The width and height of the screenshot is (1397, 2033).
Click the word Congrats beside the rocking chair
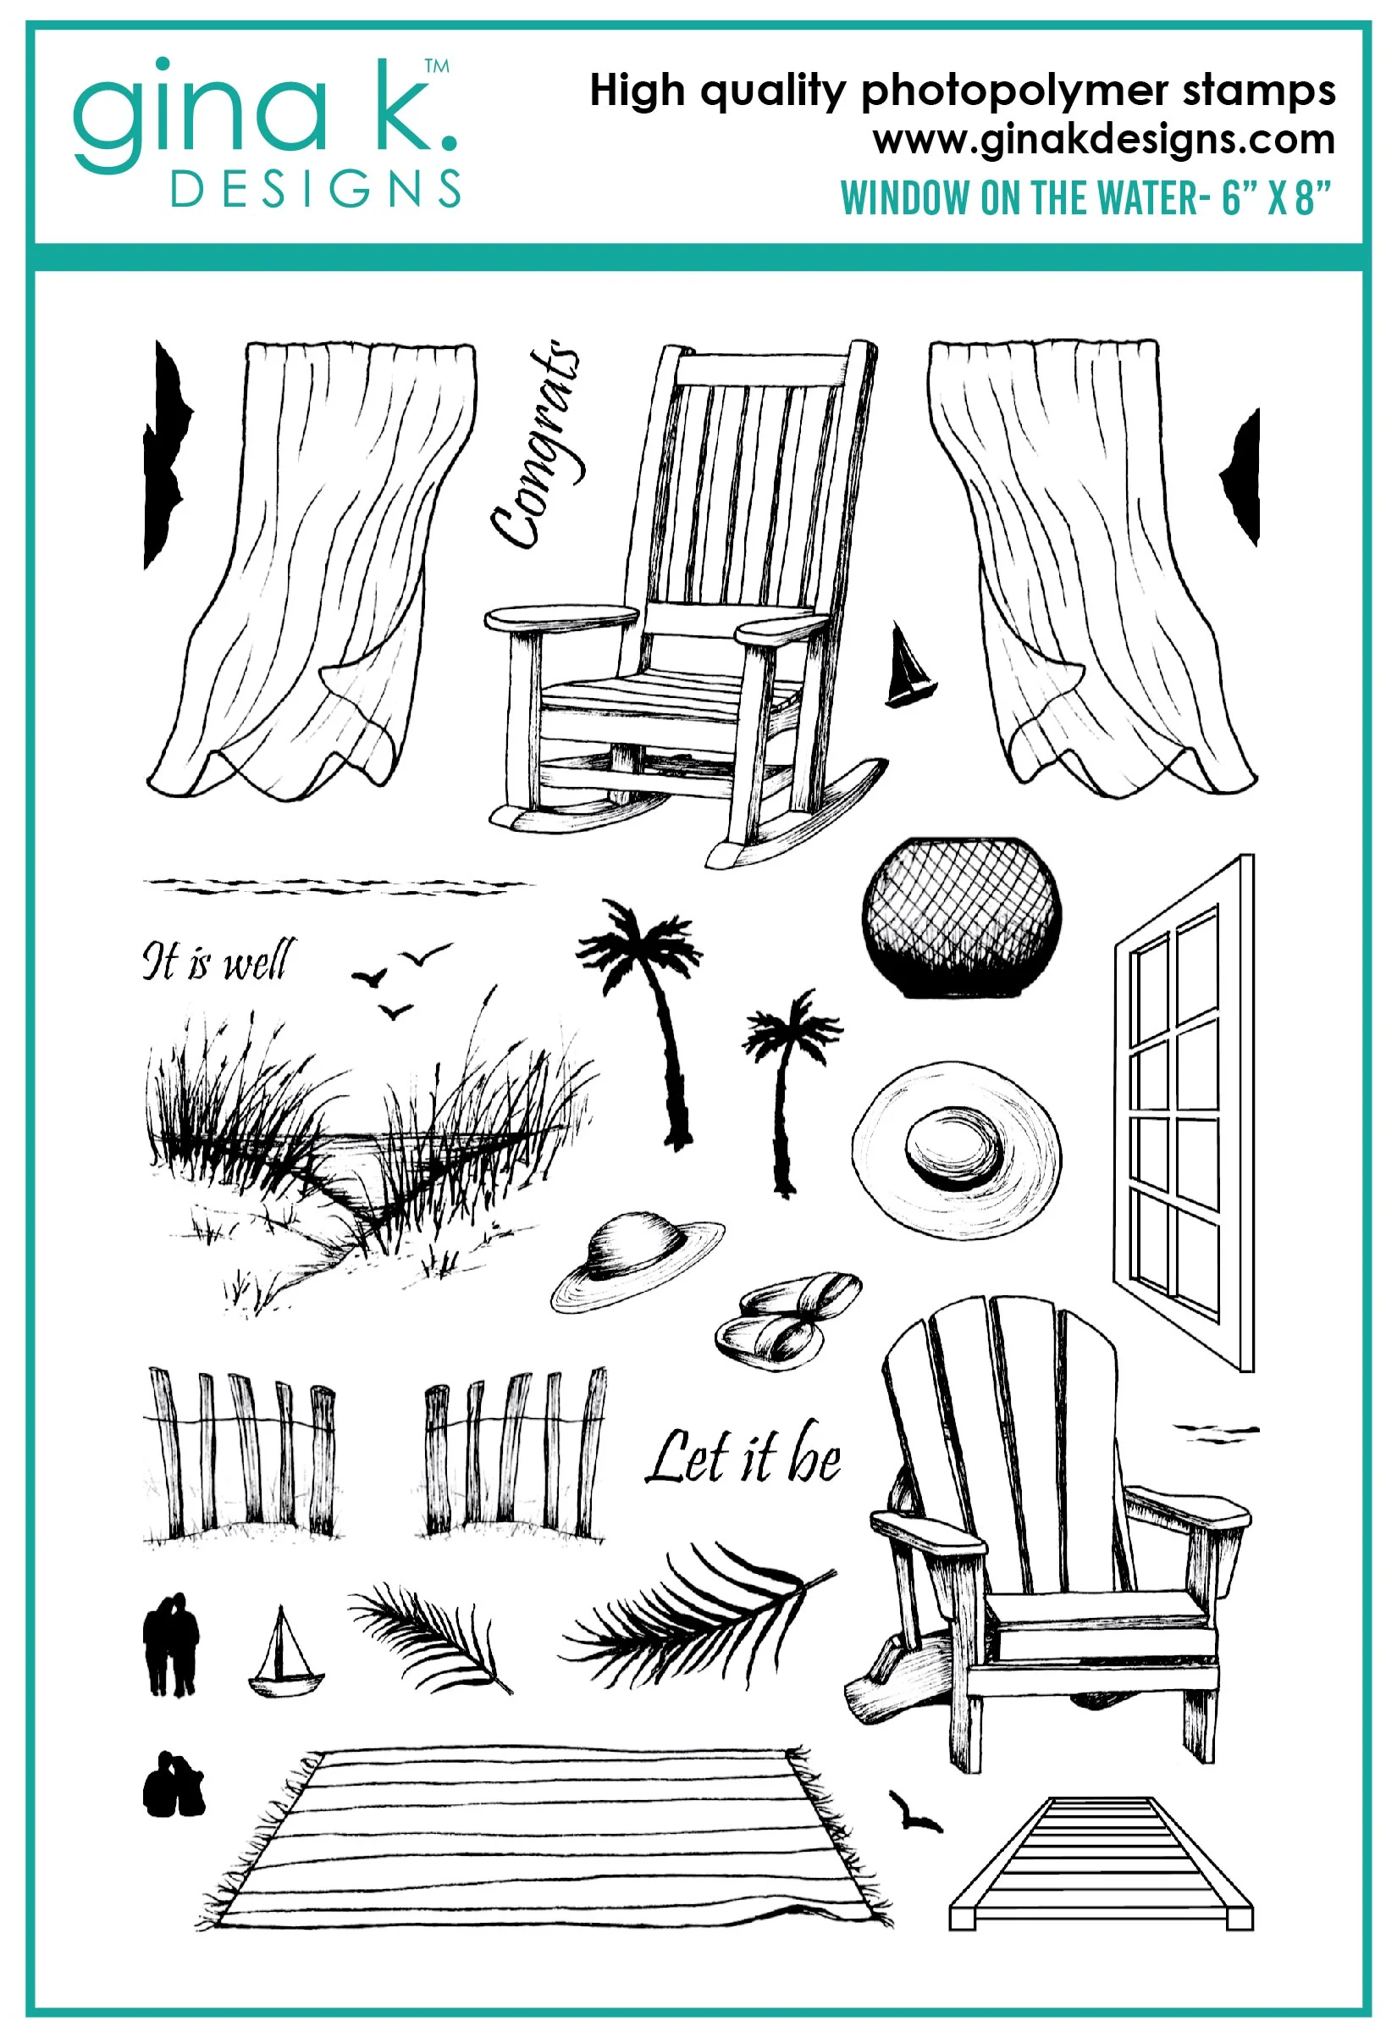(x=535, y=445)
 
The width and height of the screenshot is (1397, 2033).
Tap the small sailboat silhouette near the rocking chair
(x=909, y=666)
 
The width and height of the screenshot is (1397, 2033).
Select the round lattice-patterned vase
(x=961, y=917)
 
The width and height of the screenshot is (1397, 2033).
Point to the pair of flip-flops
(x=787, y=1320)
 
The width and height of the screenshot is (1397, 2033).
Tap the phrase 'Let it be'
(x=743, y=1456)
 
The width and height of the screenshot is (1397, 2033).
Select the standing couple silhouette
(x=171, y=1643)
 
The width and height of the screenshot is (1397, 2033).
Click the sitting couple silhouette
(x=174, y=1784)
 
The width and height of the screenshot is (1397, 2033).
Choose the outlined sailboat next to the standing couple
(x=284, y=1653)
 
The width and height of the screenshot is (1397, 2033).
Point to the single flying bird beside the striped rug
(x=914, y=1812)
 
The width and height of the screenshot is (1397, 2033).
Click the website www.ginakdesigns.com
(x=1104, y=139)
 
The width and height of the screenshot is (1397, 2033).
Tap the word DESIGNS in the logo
(x=315, y=188)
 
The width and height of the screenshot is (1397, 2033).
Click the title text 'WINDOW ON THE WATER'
(x=1019, y=198)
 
